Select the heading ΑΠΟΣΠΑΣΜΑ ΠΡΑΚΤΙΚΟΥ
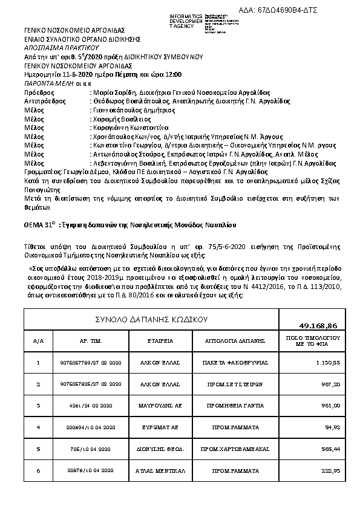(x=54, y=46)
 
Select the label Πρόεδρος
(x=37, y=92)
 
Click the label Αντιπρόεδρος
(x=42, y=102)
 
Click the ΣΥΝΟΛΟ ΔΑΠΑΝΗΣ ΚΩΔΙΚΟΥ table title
(x=152, y=318)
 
